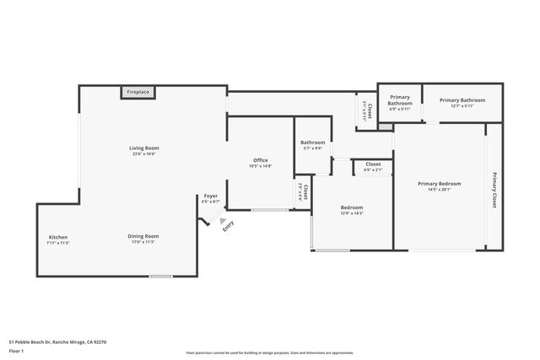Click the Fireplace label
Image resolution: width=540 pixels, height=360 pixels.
(138, 91)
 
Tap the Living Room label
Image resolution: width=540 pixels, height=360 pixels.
(144, 148)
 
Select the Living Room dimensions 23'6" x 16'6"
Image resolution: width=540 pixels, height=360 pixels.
(144, 154)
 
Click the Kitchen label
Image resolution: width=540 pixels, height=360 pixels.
(58, 237)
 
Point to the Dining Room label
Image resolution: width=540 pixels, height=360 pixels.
(143, 236)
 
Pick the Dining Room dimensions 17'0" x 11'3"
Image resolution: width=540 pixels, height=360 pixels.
(143, 243)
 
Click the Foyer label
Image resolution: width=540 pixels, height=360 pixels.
(211, 196)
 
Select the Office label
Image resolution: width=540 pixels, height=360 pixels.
(261, 160)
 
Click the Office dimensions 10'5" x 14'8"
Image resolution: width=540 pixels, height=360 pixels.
(261, 166)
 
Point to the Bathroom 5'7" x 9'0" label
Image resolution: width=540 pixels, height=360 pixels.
(313, 145)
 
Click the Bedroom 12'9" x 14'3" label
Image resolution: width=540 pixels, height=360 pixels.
(352, 210)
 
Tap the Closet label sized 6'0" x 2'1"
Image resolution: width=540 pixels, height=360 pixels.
(373, 165)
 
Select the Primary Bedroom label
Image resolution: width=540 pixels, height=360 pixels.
(440, 185)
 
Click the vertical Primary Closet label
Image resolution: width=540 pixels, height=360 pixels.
(494, 190)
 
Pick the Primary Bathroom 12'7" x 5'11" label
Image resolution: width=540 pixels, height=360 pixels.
(462, 102)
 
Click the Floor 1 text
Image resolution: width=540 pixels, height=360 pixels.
(16, 352)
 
